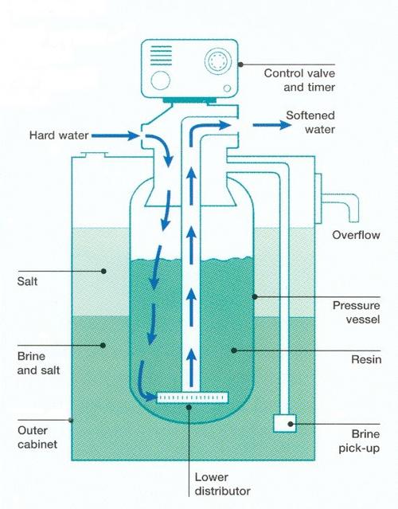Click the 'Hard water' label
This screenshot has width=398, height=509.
click(x=59, y=135)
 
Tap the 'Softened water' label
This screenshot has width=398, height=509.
click(x=310, y=123)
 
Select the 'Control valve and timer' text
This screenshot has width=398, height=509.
click(x=299, y=80)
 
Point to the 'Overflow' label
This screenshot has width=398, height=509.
click(x=356, y=235)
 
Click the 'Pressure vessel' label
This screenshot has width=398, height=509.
click(x=356, y=312)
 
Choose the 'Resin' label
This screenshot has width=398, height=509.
click(x=366, y=359)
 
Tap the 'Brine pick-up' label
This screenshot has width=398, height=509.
click(x=360, y=440)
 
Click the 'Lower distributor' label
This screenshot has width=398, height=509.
click(x=223, y=484)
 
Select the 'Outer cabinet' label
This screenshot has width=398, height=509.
click(x=37, y=437)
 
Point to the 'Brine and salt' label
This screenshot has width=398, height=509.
click(x=38, y=363)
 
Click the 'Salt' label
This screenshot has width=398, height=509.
click(x=27, y=281)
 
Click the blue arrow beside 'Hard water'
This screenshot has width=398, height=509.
click(x=115, y=135)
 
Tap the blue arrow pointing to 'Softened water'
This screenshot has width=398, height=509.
click(x=271, y=124)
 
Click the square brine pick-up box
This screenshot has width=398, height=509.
click(x=285, y=423)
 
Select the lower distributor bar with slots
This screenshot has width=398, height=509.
click(x=193, y=397)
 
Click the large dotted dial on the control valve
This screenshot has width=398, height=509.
click(x=218, y=61)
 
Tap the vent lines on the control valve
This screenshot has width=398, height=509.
click(x=162, y=56)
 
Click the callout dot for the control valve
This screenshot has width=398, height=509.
click(x=240, y=65)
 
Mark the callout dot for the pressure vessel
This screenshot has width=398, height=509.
click(x=255, y=296)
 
